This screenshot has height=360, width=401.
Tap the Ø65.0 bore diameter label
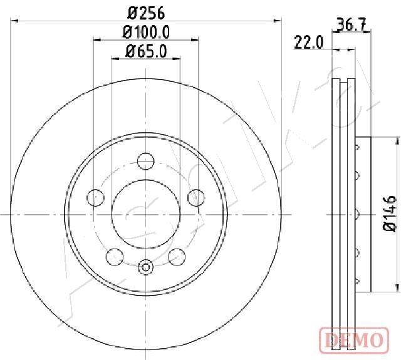145,51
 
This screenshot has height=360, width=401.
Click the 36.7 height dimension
352,26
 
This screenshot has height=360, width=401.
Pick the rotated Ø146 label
388,214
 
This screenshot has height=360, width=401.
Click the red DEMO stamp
352,340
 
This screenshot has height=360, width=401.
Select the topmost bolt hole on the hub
145,160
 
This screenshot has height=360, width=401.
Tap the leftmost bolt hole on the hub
96,197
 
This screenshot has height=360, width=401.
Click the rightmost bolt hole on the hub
195,197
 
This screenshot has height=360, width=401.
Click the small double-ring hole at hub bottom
145,267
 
